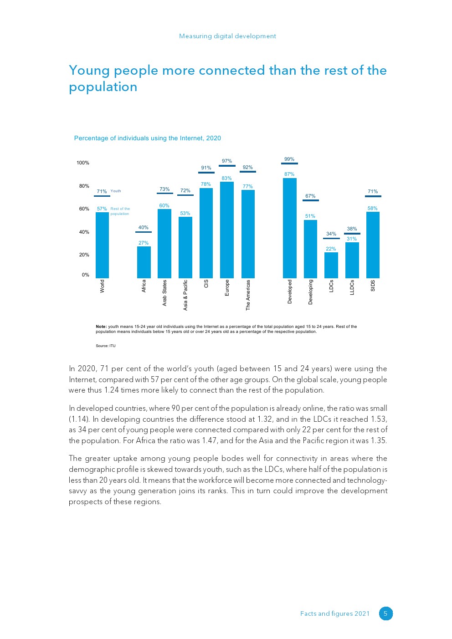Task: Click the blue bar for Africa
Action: pos(144,262)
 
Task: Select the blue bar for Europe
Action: pos(227,230)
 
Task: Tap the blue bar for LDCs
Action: pos(331,265)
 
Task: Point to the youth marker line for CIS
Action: pos(206,173)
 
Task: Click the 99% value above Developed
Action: pos(289,159)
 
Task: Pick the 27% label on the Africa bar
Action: pos(144,243)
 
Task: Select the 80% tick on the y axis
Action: pos(83,186)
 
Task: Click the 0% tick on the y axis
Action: pos(85,275)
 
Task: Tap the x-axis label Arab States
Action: pos(164,293)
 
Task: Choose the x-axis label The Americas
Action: pos(248,295)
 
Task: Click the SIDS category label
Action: pos(373,286)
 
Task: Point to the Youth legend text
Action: pos(116,191)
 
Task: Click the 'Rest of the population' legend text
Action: pos(120,211)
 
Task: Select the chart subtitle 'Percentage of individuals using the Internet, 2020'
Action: pos(148,138)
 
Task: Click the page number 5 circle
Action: pos(385,613)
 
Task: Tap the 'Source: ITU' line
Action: pos(106,346)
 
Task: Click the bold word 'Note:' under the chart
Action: pos(101,327)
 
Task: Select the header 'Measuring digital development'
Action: pos(227,36)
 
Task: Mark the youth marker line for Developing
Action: pos(310,200)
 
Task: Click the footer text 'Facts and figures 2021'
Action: pos(335,613)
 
